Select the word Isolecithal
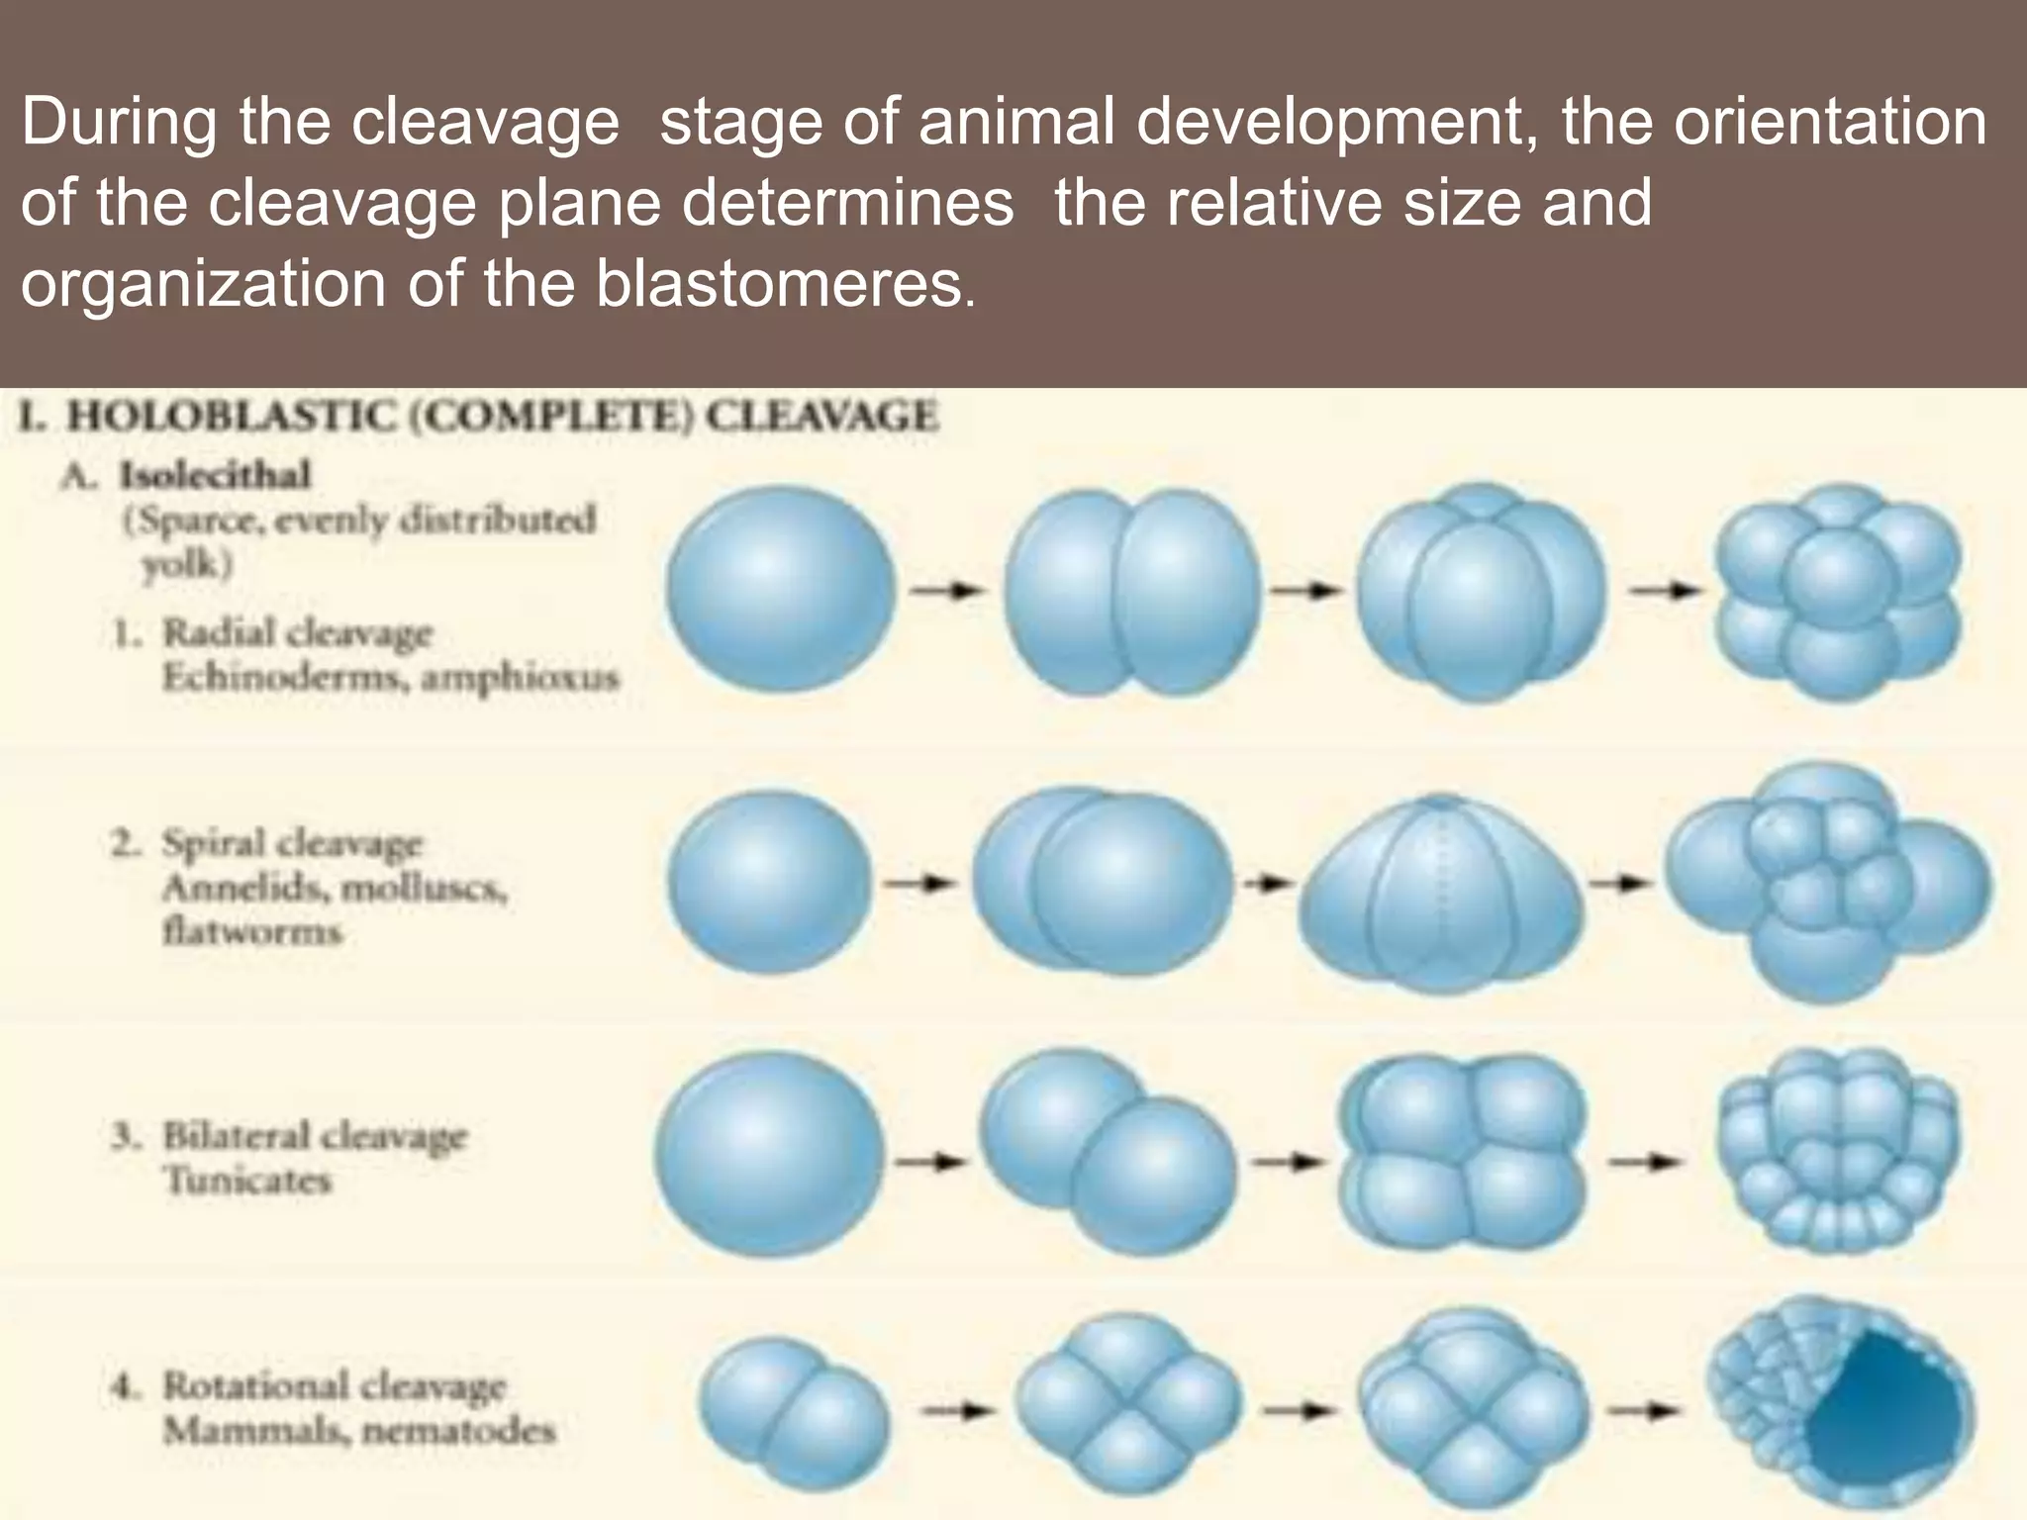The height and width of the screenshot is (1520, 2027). pos(215,476)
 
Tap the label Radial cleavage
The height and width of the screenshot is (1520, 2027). pos(297,632)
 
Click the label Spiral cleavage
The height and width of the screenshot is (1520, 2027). pos(292,844)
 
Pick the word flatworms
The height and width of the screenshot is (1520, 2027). pos(252,932)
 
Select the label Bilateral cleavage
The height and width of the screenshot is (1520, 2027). pos(314,1135)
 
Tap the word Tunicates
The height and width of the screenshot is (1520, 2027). pos(246,1180)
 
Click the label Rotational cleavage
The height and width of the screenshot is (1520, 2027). pos(334,1385)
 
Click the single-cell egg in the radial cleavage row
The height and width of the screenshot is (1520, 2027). pos(781,592)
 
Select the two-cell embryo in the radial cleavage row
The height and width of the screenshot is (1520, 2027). pos(1132,592)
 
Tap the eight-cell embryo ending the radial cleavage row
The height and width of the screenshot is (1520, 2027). pos(1838,592)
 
